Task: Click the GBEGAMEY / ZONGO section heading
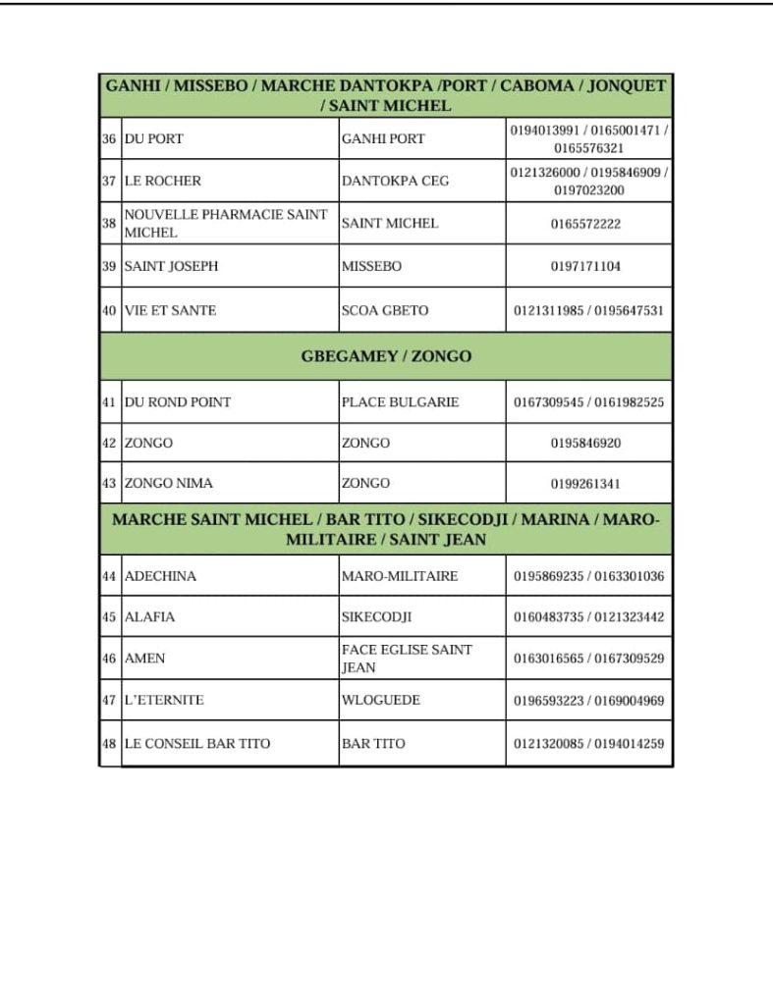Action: [x=386, y=356]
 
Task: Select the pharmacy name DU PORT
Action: [x=154, y=139]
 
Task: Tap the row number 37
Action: [x=109, y=181]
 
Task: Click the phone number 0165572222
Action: [x=585, y=224]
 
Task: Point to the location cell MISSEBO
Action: [x=371, y=266]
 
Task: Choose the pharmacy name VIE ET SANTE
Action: [x=170, y=310]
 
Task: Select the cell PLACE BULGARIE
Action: [x=400, y=402]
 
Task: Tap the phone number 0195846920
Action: [x=585, y=444]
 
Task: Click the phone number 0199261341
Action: [x=585, y=484]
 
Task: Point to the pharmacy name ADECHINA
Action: [x=160, y=576]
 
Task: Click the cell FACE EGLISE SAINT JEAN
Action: [x=407, y=659]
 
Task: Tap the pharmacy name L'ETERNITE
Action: [x=164, y=701]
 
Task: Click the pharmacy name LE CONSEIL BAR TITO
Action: [x=197, y=744]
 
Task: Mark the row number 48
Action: [x=109, y=744]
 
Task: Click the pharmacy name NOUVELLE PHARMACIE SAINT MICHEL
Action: [x=226, y=224]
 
